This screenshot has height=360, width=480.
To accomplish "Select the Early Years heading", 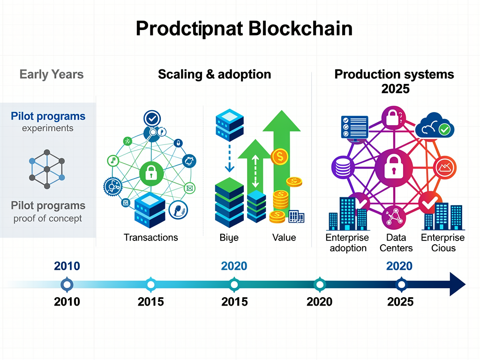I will [52, 74].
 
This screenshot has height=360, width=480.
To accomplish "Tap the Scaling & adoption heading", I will [214, 74].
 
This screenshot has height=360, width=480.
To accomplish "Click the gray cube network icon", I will [47, 169].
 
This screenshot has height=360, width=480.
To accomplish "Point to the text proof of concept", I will [48, 218].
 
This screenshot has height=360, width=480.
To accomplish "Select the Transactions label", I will [151, 237].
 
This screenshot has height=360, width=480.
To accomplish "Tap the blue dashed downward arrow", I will [229, 157].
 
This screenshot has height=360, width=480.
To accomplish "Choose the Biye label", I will [229, 237].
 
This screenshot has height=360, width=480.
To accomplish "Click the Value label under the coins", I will [284, 237].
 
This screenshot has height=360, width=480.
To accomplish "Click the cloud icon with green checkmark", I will [435, 127].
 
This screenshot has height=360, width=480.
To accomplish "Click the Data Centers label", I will [396, 243].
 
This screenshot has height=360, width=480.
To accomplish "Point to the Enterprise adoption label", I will [347, 243].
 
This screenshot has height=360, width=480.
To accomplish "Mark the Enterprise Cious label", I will [443, 243].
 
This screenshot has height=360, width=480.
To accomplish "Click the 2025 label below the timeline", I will [400, 301].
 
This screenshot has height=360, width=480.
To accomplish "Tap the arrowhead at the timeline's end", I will [457, 284].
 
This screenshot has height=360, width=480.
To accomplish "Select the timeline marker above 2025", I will [401, 284].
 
